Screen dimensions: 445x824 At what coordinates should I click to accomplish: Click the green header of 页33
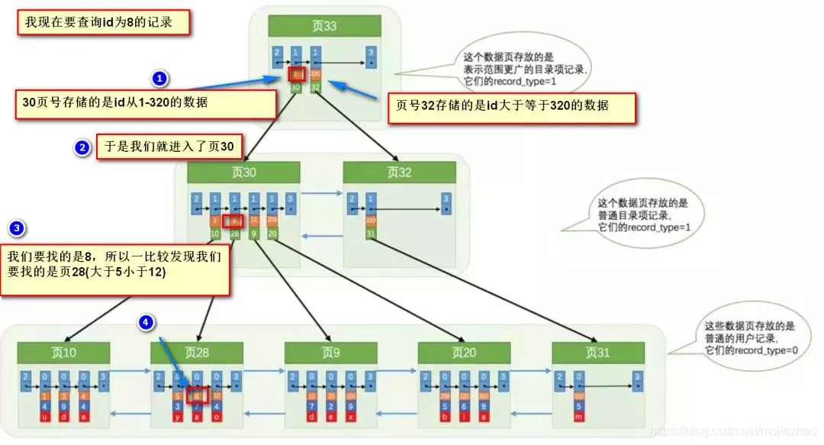coord(324,27)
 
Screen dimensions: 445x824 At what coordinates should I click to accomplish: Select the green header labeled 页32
coord(399,173)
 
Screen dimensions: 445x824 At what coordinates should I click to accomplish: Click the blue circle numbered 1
coord(159,79)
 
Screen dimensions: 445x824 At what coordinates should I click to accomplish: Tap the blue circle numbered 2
coord(82,147)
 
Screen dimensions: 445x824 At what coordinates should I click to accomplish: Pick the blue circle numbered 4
coord(147,323)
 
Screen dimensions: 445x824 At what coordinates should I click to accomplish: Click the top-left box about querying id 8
coord(103,22)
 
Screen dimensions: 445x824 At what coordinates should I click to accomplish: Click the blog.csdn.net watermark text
coord(731,433)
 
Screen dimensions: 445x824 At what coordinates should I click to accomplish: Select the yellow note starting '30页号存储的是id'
coord(145,103)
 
